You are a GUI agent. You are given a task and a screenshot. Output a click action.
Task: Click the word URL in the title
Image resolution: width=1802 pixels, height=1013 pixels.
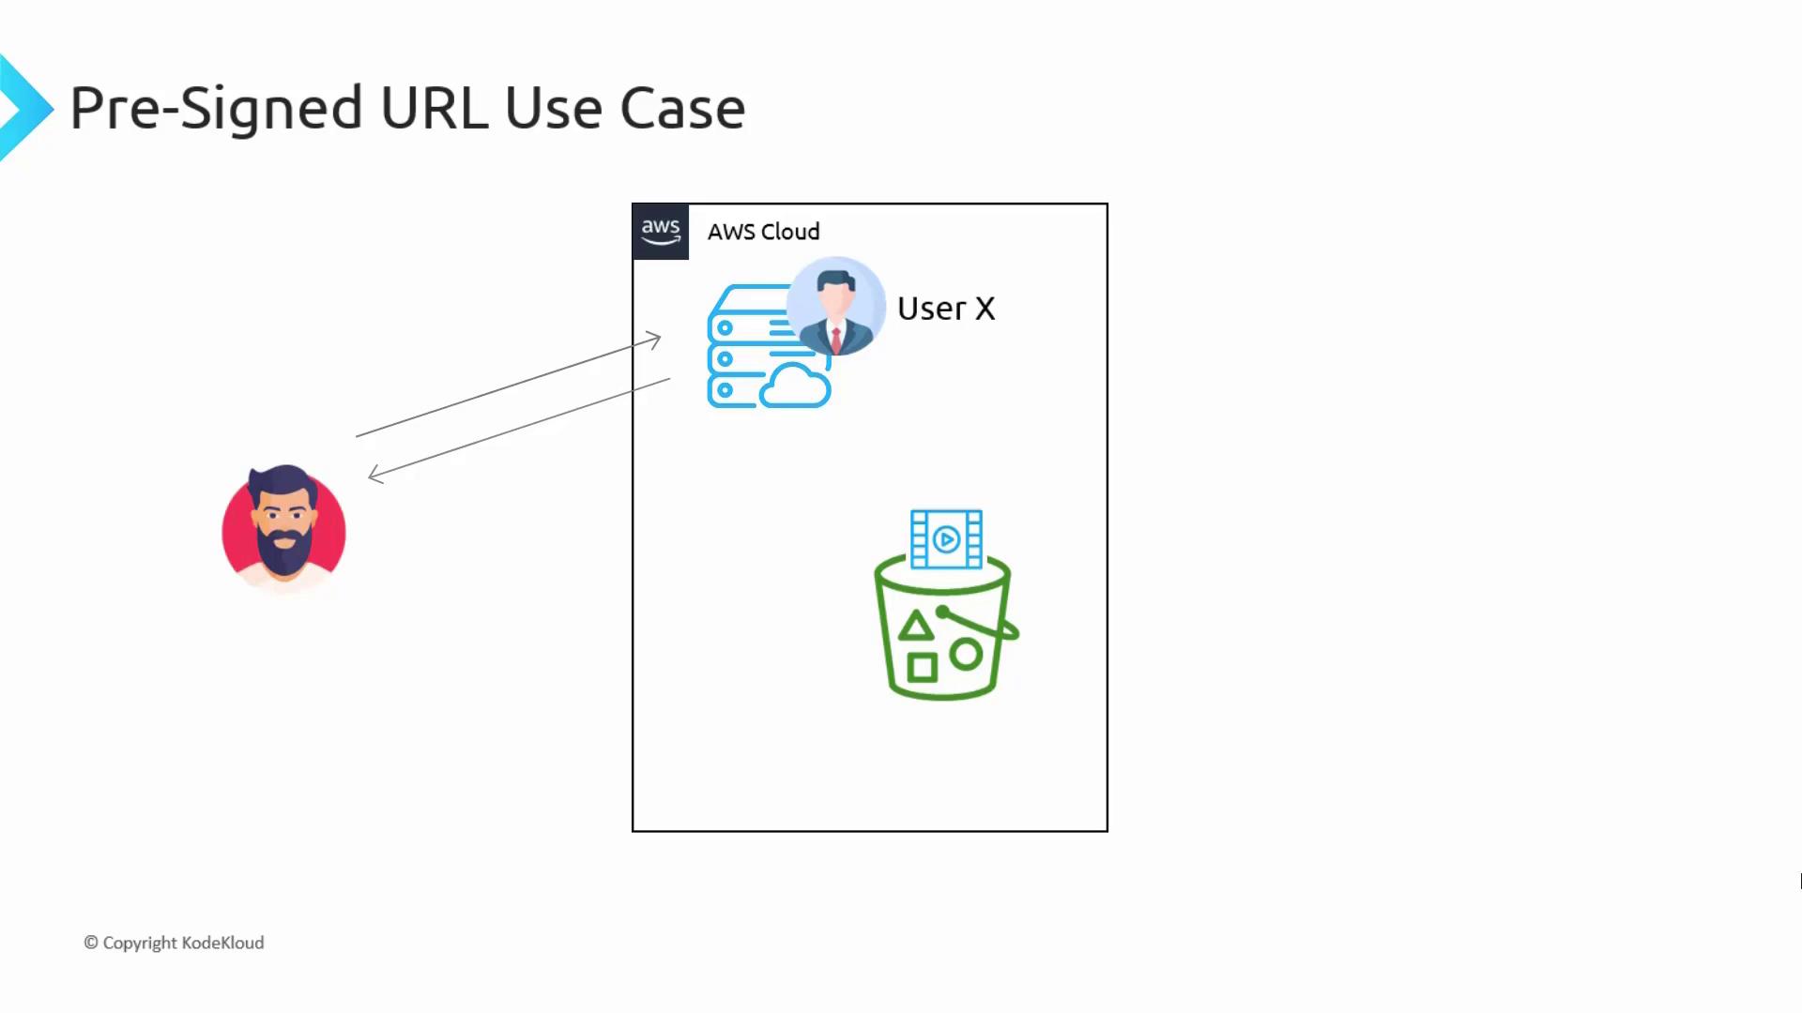click(x=434, y=108)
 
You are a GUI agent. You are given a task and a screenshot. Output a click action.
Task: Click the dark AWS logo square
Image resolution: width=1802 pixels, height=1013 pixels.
click(x=661, y=232)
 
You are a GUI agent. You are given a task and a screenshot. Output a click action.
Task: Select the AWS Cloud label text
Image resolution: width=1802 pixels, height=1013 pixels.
click(x=763, y=232)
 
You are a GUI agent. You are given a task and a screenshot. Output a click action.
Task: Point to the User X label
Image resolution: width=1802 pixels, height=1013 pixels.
click(x=945, y=309)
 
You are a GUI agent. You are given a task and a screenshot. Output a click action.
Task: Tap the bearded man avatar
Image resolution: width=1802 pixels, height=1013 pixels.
click(x=283, y=529)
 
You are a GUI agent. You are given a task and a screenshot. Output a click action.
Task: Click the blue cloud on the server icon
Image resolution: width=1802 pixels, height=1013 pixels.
click(x=796, y=386)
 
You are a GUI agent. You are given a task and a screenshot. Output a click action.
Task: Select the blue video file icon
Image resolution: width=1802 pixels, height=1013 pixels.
click(x=946, y=539)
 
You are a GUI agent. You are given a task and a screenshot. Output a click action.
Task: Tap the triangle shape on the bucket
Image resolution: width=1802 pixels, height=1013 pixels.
click(x=916, y=626)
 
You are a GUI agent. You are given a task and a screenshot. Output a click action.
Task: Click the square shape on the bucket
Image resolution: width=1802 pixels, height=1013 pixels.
click(x=922, y=667)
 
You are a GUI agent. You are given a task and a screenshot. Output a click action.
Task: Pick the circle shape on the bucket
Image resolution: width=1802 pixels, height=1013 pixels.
click(x=966, y=654)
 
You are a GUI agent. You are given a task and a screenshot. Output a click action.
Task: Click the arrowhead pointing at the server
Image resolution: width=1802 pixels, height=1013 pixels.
click(x=655, y=339)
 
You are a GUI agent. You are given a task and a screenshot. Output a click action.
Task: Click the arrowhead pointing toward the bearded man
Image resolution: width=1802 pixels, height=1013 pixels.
click(x=374, y=475)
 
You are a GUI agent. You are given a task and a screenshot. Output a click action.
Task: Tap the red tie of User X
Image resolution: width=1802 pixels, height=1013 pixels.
click(x=835, y=339)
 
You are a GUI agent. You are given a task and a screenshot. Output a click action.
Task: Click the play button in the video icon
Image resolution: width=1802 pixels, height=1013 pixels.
click(x=947, y=539)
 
